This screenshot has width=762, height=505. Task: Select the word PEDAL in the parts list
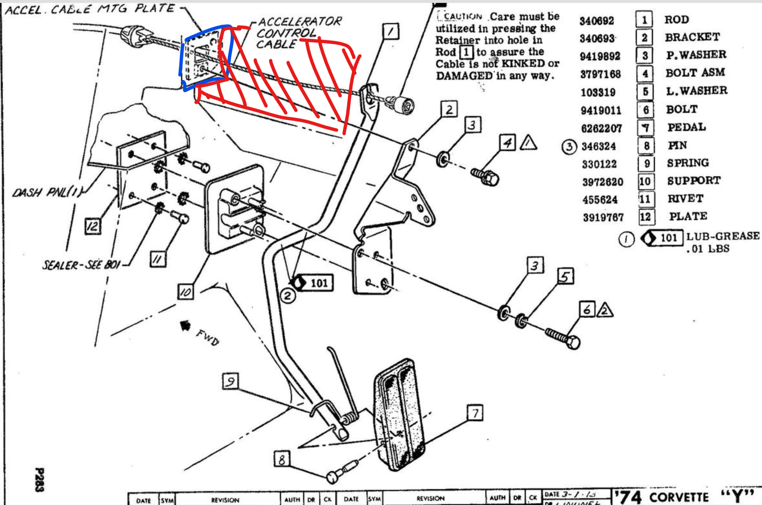click(687, 127)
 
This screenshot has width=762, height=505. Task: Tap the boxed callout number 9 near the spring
click(230, 381)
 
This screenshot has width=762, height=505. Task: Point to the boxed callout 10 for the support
click(186, 292)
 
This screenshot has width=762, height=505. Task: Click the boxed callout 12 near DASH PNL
click(93, 226)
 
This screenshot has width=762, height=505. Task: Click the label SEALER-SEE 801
click(81, 265)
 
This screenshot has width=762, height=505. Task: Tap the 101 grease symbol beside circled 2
click(313, 283)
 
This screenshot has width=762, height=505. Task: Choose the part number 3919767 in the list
click(603, 217)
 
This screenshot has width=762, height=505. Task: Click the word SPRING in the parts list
click(688, 163)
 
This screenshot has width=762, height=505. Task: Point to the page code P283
click(40, 479)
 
